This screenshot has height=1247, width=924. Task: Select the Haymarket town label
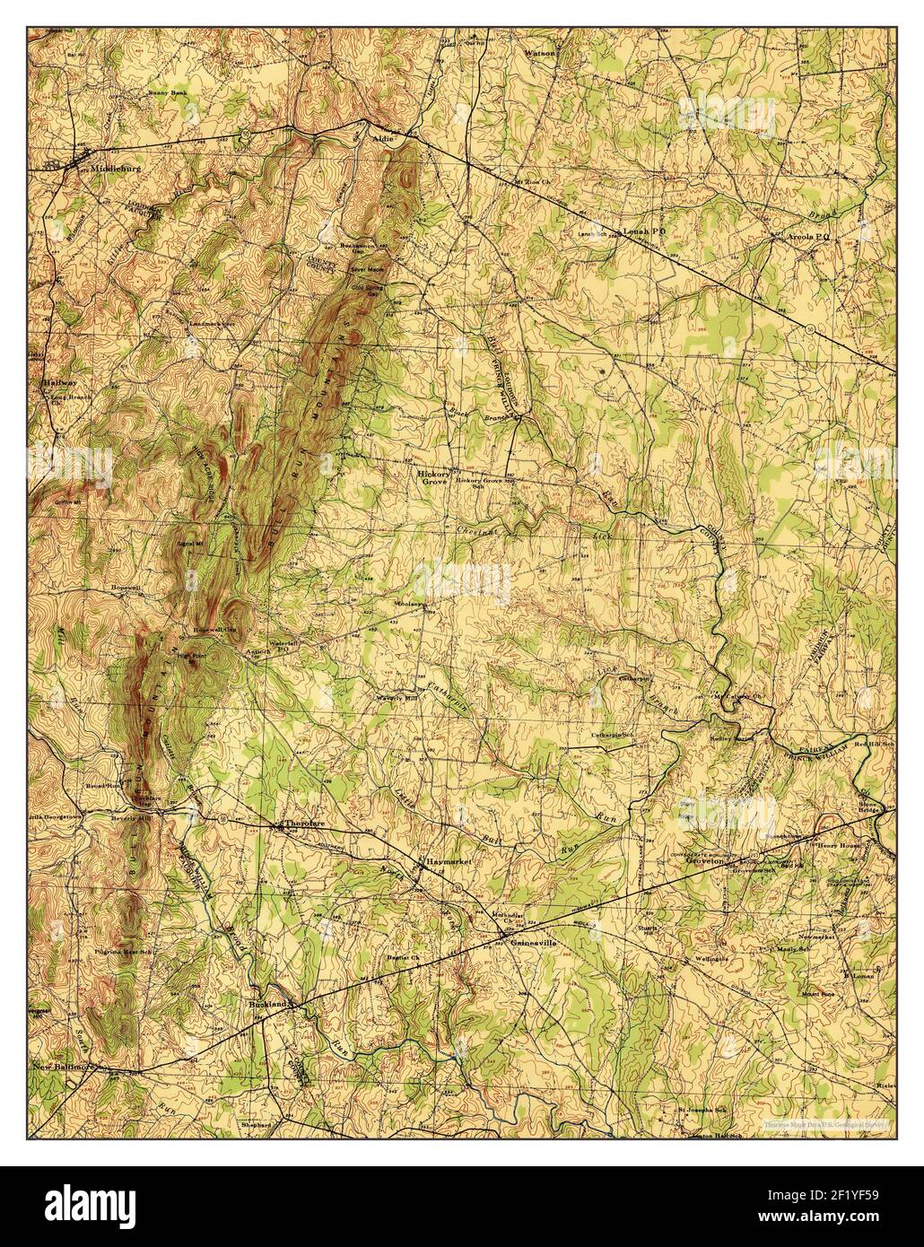coord(448,860)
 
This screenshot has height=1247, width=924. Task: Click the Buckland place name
coord(268,1005)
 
